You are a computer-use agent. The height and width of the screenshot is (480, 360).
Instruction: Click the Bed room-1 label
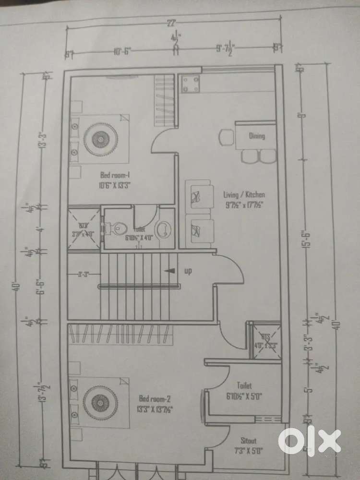[112, 179]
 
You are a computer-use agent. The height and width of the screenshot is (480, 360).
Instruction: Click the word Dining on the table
[257, 136]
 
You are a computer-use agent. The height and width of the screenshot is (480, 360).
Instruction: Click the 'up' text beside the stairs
[188, 271]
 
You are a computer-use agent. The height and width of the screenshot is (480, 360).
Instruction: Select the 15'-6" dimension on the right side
[303, 240]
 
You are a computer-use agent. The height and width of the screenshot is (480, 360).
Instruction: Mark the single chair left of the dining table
[225, 138]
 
